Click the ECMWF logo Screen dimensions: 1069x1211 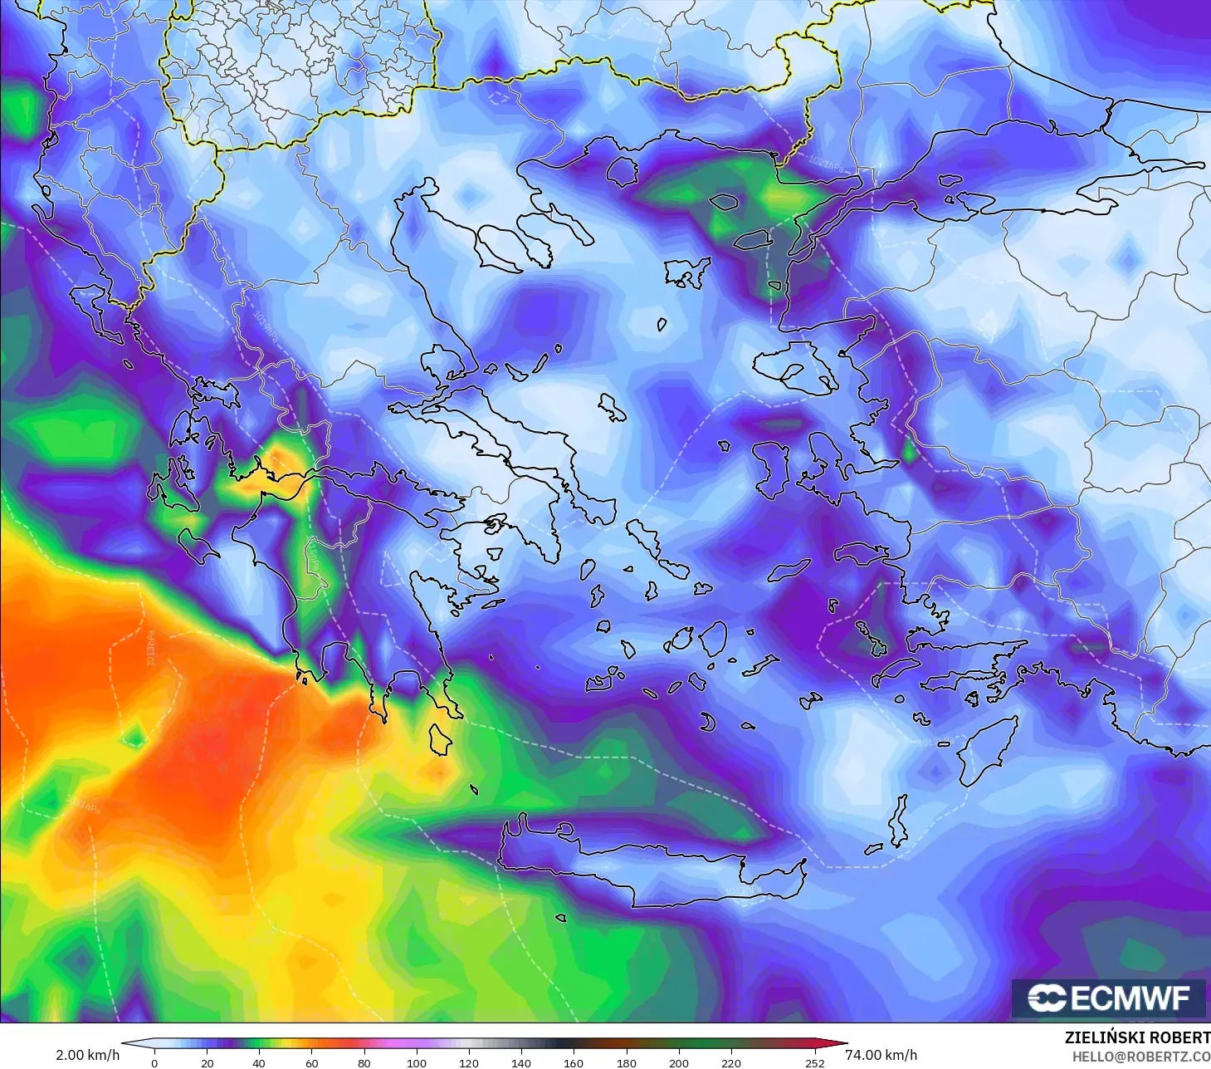coord(1108,998)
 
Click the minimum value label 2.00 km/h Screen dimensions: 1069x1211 coord(87,1055)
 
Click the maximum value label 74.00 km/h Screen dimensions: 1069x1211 coord(881,1055)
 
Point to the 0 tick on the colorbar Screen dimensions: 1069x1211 coord(154,1062)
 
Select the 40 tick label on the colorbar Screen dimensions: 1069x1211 coord(259,1062)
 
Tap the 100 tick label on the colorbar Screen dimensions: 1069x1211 coord(417,1062)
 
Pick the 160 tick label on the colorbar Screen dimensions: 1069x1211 coord(574,1062)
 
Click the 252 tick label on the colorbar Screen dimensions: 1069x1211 coord(814,1062)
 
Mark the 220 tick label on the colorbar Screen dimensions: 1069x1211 coord(731,1062)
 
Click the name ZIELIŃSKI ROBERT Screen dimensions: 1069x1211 coord(1137,1037)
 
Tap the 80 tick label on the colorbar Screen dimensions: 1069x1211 coord(364,1062)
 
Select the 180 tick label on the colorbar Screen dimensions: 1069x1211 coord(627,1062)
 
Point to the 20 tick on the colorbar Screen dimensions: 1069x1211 coord(207,1062)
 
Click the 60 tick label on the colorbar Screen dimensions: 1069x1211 coord(311,1062)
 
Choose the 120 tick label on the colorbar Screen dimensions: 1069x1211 coord(469,1062)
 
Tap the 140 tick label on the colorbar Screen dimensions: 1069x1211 coord(521,1062)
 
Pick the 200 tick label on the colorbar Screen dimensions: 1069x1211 coord(679,1062)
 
